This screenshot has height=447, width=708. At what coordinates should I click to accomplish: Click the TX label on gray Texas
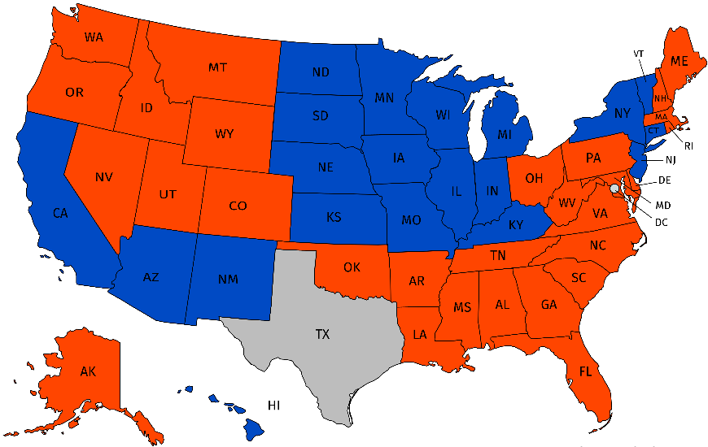click(x=322, y=334)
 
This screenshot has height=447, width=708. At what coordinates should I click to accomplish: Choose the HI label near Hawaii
click(x=275, y=404)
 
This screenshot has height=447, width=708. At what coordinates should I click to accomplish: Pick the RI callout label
click(x=688, y=146)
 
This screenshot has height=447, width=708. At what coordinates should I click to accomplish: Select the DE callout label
click(x=664, y=180)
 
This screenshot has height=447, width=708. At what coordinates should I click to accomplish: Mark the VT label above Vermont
click(x=639, y=54)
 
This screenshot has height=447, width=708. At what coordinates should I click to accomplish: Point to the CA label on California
click(x=60, y=214)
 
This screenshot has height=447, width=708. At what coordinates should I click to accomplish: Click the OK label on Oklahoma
click(x=352, y=267)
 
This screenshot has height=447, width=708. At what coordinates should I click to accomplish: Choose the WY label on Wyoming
click(x=225, y=132)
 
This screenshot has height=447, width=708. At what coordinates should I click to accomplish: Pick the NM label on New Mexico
click(x=229, y=280)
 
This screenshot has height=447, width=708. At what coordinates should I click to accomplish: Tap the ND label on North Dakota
click(x=320, y=72)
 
